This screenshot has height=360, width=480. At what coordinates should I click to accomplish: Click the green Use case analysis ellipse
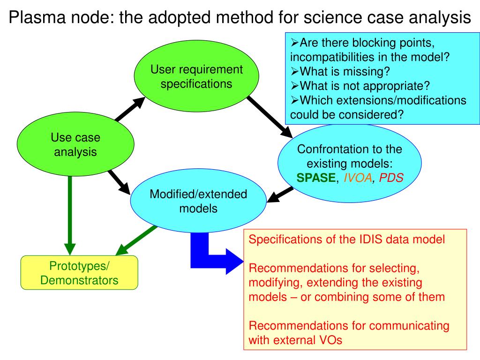(x=75, y=144)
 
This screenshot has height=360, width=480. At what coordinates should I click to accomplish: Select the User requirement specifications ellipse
(x=196, y=76)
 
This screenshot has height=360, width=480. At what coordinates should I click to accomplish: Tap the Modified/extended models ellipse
(x=198, y=201)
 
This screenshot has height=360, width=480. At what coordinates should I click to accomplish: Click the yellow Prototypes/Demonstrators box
(x=79, y=272)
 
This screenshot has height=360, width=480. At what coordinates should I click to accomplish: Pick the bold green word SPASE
(x=316, y=178)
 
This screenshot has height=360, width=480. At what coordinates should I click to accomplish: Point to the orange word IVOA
(x=358, y=178)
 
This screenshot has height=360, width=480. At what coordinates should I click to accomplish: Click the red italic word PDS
(x=391, y=178)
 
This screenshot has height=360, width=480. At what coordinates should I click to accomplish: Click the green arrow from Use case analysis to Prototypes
(x=70, y=216)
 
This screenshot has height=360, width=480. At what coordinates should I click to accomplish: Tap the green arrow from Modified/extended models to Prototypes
(x=137, y=240)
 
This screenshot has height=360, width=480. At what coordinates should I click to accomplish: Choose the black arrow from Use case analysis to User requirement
(x=130, y=109)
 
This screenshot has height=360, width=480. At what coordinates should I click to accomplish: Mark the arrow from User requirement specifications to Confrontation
(x=270, y=117)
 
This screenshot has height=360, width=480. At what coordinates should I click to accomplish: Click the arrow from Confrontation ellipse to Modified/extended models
(x=280, y=195)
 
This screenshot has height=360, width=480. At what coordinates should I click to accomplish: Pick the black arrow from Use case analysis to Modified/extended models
(x=119, y=182)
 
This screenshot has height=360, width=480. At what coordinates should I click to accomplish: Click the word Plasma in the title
(x=37, y=17)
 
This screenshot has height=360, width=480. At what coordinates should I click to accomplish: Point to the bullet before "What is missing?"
(x=294, y=71)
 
